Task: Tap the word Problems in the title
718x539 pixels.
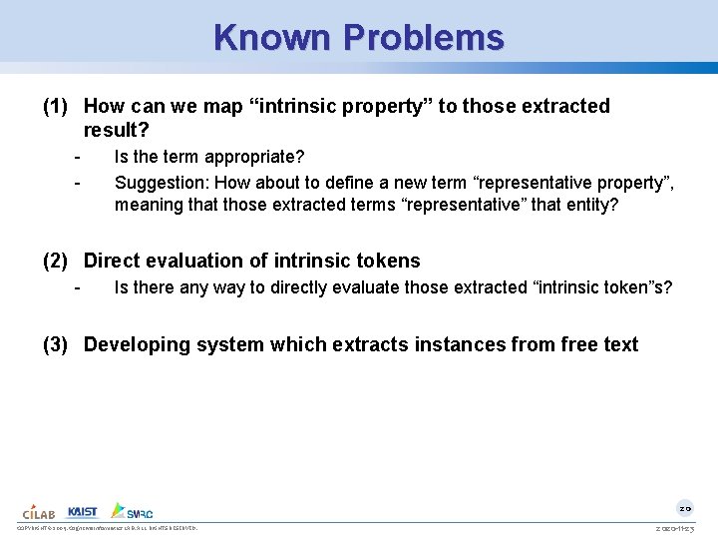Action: [424, 38]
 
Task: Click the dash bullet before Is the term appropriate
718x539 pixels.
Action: [77, 158]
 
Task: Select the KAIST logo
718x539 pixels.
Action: [83, 511]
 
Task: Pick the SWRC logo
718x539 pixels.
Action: [132, 510]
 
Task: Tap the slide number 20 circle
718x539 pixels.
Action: [685, 507]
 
